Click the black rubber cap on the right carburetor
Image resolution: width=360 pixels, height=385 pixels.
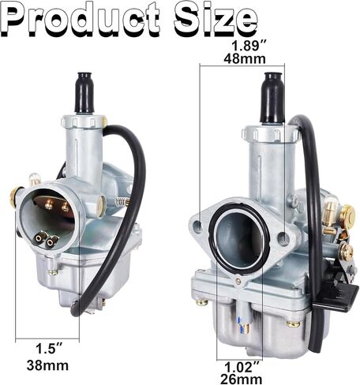click(x=273, y=97)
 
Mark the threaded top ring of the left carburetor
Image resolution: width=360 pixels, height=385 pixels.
click(x=84, y=121)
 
